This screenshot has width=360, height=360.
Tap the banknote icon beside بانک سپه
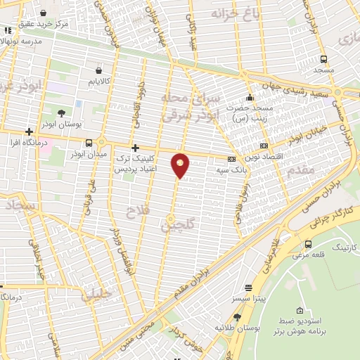click(x=231, y=158)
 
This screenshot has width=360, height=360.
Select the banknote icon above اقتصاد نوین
click(x=263, y=146)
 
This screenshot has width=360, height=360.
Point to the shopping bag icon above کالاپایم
click(x=98, y=70)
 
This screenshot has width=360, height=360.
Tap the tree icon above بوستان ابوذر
click(x=62, y=112)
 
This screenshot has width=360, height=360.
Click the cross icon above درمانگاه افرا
click(x=29, y=131)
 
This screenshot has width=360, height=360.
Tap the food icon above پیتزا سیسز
click(x=247, y=288)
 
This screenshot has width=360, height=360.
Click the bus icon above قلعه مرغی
click(x=309, y=244)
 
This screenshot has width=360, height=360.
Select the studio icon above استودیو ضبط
click(x=300, y=311)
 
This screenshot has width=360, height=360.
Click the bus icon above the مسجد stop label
click(x=323, y=59)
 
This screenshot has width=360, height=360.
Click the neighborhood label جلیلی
click(x=96, y=295)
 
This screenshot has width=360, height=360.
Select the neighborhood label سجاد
click(x=20, y=206)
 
